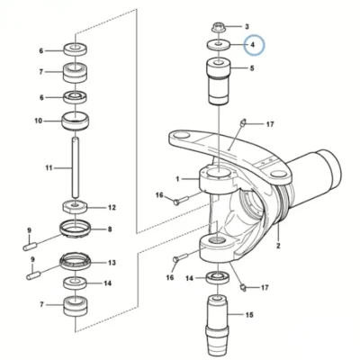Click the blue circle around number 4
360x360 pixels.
pyautogui.click(x=254, y=35)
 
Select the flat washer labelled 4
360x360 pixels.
pyautogui.click(x=219, y=45)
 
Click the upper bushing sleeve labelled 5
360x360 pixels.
pyautogui.click(x=219, y=81)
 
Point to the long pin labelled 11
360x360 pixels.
pyautogui.click(x=76, y=167)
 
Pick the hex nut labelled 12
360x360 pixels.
pyautogui.click(x=75, y=207)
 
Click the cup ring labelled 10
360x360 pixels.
pyautogui.click(x=76, y=121)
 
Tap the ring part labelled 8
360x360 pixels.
pyautogui.click(x=75, y=229)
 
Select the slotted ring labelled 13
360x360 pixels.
pyautogui.click(x=75, y=262)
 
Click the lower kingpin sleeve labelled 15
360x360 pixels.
pyautogui.click(x=219, y=327)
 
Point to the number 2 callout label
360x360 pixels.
pyautogui.click(x=278, y=246)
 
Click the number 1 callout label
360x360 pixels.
pyautogui.click(x=178, y=179)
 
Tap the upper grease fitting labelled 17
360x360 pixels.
pyautogui.click(x=243, y=122)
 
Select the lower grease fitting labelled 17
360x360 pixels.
pyautogui.click(x=243, y=288)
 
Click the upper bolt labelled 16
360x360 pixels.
pyautogui.click(x=180, y=200)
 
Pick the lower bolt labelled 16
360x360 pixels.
pyautogui.click(x=180, y=257)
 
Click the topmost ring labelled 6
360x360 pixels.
pyautogui.click(x=76, y=49)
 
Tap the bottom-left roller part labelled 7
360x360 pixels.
pyautogui.click(x=76, y=306)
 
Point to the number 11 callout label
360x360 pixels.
pyautogui.click(x=49, y=167)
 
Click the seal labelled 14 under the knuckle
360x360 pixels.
pyautogui.click(x=219, y=277)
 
